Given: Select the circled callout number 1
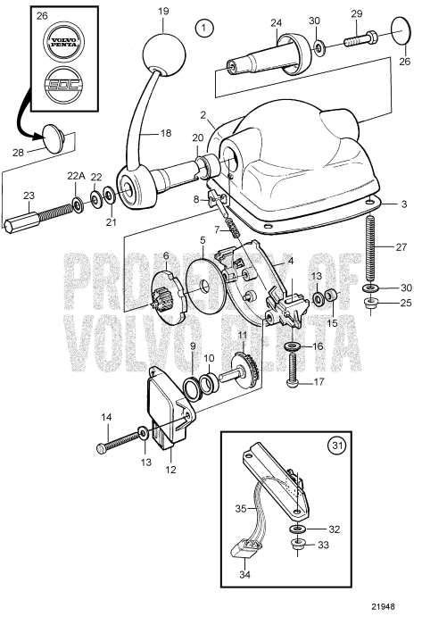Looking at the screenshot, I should tap(207, 29).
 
